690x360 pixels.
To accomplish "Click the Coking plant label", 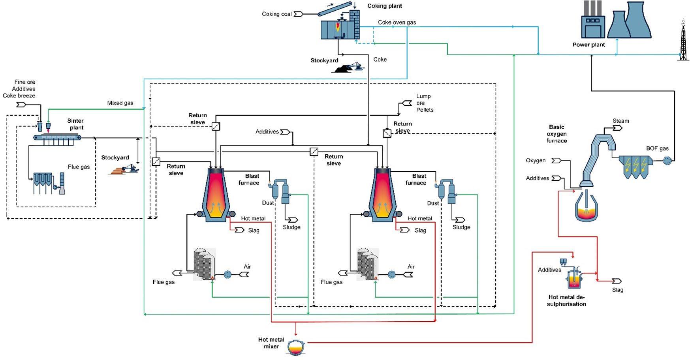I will pyautogui.click(x=384, y=6).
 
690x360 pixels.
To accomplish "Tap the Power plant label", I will pyautogui.click(x=588, y=45).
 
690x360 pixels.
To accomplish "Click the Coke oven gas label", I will pyautogui.click(x=397, y=22).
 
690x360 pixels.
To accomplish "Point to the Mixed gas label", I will pyautogui.click(x=120, y=103).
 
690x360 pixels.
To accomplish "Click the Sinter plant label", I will pyautogui.click(x=75, y=124).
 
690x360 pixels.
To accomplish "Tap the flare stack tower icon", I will pyautogui.click(x=683, y=40).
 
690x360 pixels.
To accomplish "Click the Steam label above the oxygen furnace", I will pyautogui.click(x=620, y=121).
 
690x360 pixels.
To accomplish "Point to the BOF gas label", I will pyautogui.click(x=657, y=148).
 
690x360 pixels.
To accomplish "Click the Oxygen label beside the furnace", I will pyautogui.click(x=536, y=160).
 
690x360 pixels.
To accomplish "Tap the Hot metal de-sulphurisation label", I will pyautogui.click(x=566, y=300).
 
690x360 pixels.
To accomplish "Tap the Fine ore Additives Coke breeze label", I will pyautogui.click(x=20, y=89).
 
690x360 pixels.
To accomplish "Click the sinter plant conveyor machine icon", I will pyautogui.click(x=57, y=138).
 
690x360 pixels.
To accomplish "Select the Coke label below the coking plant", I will pyautogui.click(x=380, y=60).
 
